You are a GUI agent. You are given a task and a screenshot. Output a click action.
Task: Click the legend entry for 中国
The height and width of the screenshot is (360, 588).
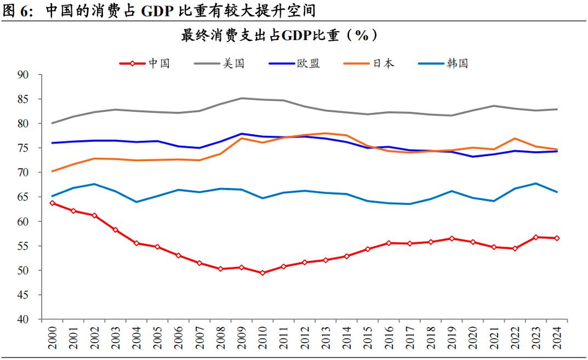click(145, 64)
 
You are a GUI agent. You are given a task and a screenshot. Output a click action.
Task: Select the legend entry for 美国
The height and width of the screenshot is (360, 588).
click(220, 64)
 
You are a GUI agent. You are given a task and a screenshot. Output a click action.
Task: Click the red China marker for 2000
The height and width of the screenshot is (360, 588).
click(52, 203)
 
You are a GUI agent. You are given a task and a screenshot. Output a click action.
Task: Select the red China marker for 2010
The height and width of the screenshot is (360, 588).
click(262, 273)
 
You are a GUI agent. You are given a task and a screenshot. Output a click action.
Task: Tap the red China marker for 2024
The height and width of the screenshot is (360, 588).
click(557, 238)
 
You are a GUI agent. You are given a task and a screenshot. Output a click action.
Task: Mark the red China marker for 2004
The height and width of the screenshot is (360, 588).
click(136, 243)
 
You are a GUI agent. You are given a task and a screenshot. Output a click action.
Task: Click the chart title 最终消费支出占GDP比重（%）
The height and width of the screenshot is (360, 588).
click(280, 36)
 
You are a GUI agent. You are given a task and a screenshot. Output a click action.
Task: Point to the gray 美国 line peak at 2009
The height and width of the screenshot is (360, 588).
click(242, 98)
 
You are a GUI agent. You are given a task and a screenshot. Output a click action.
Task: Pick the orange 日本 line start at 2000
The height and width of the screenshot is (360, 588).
click(52, 172)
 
